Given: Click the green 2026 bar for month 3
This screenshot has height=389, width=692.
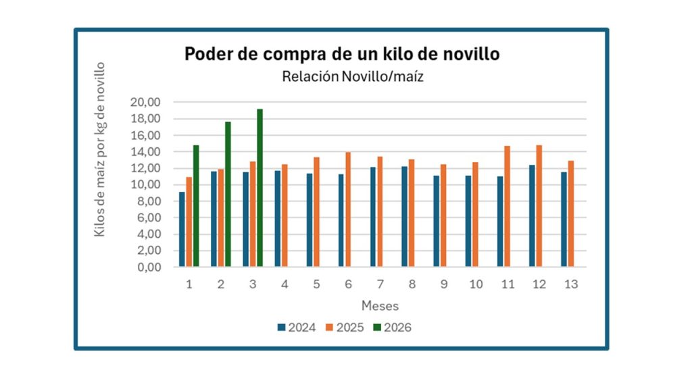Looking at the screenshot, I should click(x=259, y=188).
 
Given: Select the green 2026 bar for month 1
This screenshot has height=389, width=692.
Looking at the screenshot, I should click(x=196, y=206).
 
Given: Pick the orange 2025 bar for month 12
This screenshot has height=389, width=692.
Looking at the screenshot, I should click(x=539, y=206).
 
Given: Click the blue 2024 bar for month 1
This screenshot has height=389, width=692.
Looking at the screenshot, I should click(x=182, y=230).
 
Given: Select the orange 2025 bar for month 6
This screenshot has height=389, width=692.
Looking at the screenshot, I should click(x=348, y=209).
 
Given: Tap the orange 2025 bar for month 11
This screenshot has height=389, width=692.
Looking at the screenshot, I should click(x=507, y=206).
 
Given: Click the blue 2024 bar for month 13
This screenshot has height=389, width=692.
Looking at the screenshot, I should click(x=563, y=219).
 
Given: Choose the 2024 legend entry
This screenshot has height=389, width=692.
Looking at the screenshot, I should click(x=296, y=328).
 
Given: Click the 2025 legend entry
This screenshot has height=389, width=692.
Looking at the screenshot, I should click(x=344, y=328).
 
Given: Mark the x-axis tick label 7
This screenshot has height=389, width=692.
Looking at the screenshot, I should click(x=380, y=284).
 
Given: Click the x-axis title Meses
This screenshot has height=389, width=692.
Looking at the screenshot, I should click(x=380, y=305).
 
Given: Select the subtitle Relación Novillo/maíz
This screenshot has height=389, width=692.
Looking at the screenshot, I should click(x=352, y=77).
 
